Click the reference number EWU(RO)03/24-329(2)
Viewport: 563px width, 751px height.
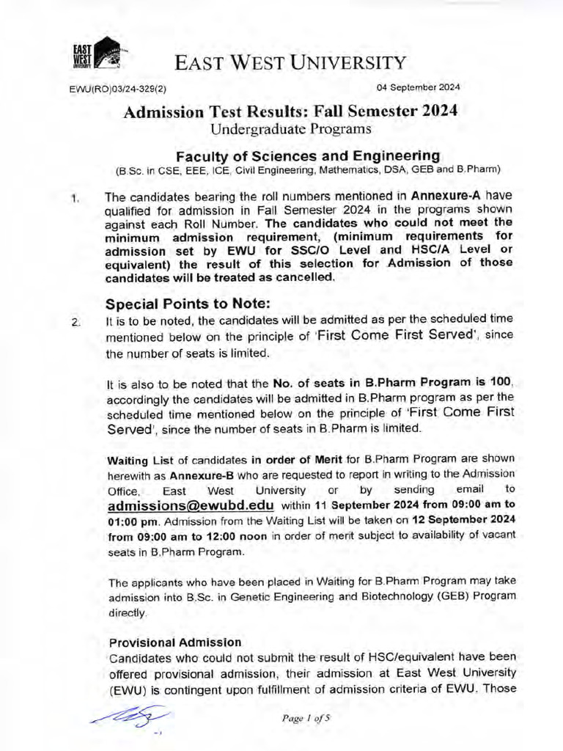(118, 89)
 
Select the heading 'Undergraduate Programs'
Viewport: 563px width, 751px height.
(291, 129)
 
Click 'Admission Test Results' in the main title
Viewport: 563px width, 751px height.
(216, 111)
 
